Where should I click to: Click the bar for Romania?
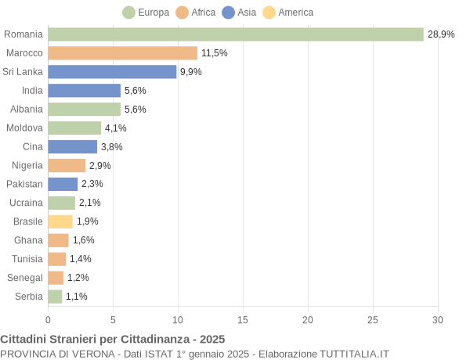click(x=235, y=34)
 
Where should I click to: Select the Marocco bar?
click(x=122, y=53)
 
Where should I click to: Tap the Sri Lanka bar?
click(x=112, y=72)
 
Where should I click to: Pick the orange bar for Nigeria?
click(x=67, y=165)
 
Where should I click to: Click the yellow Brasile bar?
click(x=60, y=221)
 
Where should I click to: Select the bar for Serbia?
click(x=55, y=297)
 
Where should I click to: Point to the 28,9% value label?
click(x=441, y=34)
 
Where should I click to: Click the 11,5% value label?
click(x=214, y=53)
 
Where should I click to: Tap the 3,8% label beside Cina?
click(x=112, y=147)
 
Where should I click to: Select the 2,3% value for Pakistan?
click(x=92, y=184)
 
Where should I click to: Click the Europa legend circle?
click(x=128, y=13)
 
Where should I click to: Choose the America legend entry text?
click(x=295, y=13)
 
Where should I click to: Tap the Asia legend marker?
click(x=228, y=13)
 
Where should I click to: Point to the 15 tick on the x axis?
click(x=243, y=320)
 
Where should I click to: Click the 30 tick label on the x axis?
click(x=438, y=320)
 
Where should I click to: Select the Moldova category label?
click(x=24, y=128)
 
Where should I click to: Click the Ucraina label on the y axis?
click(x=26, y=203)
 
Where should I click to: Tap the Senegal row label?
click(x=25, y=278)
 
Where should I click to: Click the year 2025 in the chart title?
click(x=211, y=340)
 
